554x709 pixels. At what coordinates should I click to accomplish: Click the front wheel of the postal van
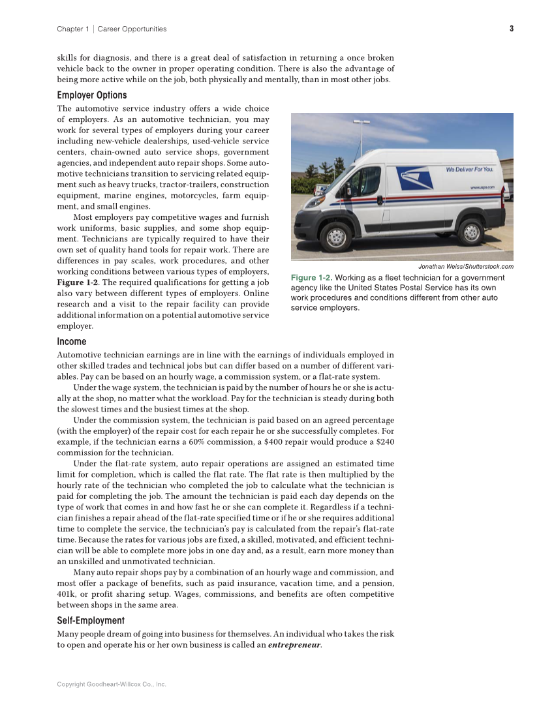click(x=336, y=236)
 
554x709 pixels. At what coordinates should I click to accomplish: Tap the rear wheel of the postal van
click(x=470, y=232)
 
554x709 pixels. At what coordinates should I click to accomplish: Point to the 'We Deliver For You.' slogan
click(x=469, y=170)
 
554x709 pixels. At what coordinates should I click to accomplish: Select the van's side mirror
click(x=348, y=189)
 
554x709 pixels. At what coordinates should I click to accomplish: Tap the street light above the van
click(x=361, y=122)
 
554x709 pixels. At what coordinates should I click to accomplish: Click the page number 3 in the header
click(x=512, y=29)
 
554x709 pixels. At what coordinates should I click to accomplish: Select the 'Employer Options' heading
click(x=92, y=95)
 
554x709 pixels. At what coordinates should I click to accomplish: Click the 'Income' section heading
click(x=72, y=342)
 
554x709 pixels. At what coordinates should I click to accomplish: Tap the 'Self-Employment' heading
click(x=91, y=621)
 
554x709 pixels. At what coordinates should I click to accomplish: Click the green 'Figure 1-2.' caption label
click(x=311, y=278)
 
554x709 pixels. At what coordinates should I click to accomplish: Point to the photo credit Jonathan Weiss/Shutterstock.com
click(x=465, y=266)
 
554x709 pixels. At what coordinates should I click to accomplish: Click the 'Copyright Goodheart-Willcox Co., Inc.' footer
click(x=112, y=684)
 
